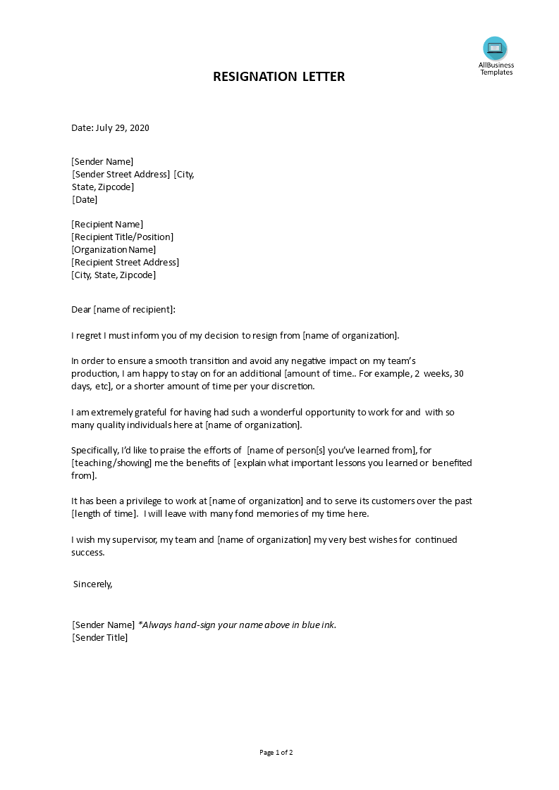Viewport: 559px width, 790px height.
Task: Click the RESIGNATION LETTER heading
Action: coord(279,77)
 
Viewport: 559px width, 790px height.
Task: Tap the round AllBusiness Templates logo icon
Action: coord(495,49)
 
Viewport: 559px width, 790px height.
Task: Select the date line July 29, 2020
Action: coord(110,128)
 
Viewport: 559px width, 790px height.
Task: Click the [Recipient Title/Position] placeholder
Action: coord(122,237)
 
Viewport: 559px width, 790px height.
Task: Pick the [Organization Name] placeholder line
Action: coord(113,250)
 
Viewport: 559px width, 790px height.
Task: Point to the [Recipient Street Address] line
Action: coord(125,263)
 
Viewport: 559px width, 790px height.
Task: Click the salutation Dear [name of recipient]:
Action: coord(123,309)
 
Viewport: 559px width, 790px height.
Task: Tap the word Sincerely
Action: coord(92,584)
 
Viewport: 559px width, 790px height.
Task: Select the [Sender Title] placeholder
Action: coord(99,638)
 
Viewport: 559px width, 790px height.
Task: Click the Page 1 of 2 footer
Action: coord(276,753)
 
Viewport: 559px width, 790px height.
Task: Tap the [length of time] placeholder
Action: coord(104,514)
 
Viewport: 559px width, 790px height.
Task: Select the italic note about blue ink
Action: coord(237,625)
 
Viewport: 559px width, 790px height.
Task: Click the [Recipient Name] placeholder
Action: coord(107,225)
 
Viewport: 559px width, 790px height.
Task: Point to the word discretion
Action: coord(293,387)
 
